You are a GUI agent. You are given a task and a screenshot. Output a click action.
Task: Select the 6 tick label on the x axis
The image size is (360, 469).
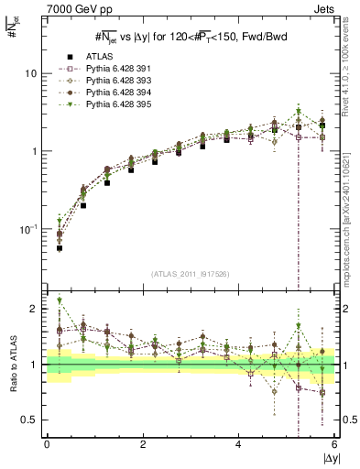[336, 444]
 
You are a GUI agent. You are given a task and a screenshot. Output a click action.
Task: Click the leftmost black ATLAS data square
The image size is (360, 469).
[59, 248]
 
